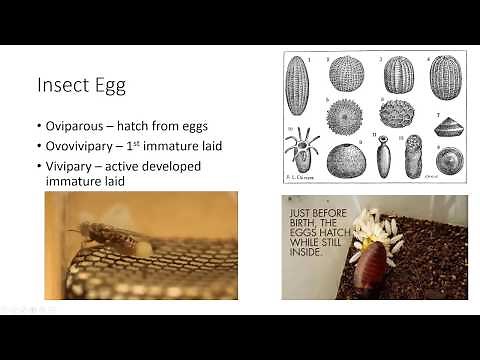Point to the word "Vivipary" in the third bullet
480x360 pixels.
pyautogui.click(x=73, y=165)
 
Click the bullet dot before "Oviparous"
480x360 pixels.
pyautogui.click(x=38, y=127)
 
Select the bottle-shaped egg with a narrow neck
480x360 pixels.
pyautogui.click(x=382, y=155)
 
